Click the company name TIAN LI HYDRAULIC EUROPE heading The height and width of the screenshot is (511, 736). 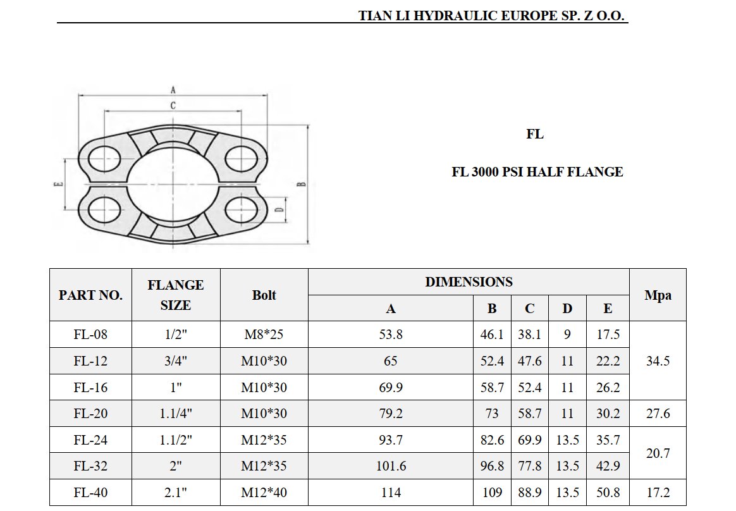pos(492,16)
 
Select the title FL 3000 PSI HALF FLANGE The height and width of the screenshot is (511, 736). pos(537,172)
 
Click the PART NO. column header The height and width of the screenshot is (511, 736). pos(90,295)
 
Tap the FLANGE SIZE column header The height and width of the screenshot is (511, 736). pos(175,295)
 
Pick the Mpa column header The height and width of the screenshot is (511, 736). pos(657,295)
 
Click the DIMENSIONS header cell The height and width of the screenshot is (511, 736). pos(468,282)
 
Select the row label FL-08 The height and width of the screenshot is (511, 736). pos(90,335)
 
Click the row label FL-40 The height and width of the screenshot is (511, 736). pos(90,492)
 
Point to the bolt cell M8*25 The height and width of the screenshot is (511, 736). pos(264,335)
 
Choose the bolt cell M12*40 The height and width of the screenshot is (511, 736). pos(264,492)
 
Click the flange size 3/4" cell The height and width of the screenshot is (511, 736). pos(175,361)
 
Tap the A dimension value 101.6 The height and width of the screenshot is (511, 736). pos(391,466)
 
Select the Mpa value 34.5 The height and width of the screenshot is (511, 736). pos(657,361)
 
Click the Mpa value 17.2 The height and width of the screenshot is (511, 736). pos(657,492)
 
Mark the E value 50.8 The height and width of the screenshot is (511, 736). pos(608,492)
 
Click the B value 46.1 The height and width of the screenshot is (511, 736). pos(491,335)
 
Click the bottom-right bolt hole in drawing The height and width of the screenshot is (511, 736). pos(242,209)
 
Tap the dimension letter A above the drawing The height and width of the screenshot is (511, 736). pos(173,90)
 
